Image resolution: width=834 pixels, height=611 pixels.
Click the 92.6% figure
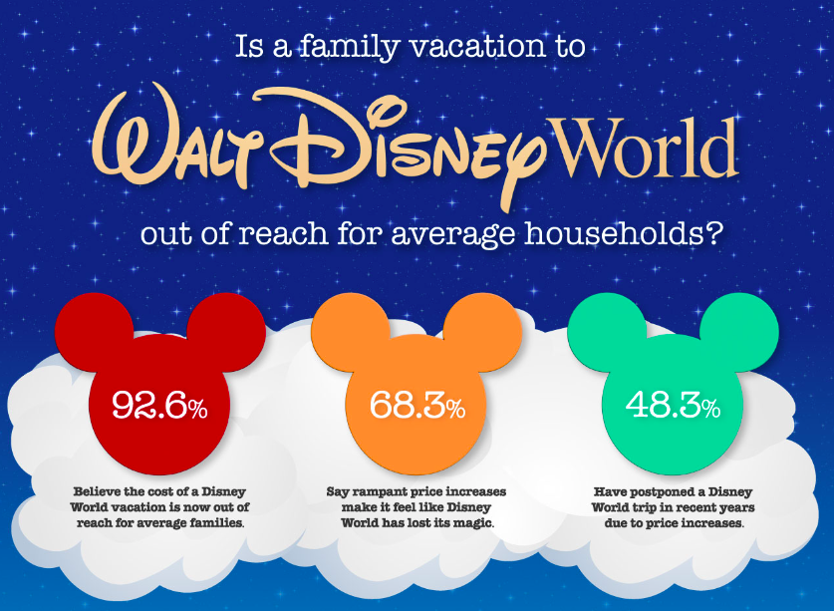tap(159, 406)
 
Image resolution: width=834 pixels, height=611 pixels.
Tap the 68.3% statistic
tap(417, 406)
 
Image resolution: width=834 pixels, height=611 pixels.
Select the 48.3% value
tap(674, 406)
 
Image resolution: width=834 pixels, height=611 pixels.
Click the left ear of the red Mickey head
tap(94, 333)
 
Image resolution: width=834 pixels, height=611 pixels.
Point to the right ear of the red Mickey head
tap(226, 333)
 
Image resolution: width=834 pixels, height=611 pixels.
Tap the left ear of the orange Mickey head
tap(351, 333)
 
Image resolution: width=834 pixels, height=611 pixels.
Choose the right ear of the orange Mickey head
tap(482, 333)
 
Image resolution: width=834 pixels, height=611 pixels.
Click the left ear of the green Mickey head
tap(607, 333)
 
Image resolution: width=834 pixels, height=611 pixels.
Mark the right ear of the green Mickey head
tap(738, 333)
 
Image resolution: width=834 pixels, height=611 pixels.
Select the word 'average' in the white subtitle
tap(452, 236)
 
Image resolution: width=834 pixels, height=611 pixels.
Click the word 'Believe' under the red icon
tap(96, 491)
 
